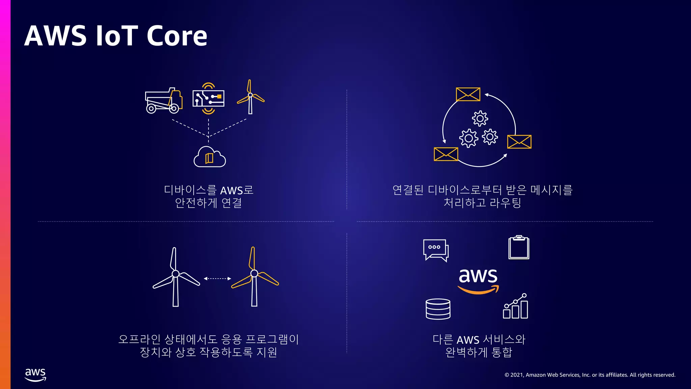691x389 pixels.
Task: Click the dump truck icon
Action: click(x=164, y=101)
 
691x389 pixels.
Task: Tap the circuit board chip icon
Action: click(x=209, y=98)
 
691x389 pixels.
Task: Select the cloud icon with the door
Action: click(x=210, y=157)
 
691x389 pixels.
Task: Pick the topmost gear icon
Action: click(x=480, y=119)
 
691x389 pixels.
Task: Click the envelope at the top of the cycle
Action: click(x=468, y=94)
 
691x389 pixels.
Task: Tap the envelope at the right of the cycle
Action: click(x=519, y=142)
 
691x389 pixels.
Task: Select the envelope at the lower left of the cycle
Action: click(x=446, y=154)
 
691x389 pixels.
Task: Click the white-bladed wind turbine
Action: click(x=175, y=277)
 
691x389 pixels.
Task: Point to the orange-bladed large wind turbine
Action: click(x=254, y=277)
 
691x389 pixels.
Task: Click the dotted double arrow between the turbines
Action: click(x=217, y=279)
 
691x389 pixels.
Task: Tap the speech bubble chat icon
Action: click(x=436, y=250)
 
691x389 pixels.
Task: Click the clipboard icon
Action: click(x=519, y=248)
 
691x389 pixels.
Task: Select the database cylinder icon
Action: click(x=438, y=309)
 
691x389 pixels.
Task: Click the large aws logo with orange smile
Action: click(x=478, y=280)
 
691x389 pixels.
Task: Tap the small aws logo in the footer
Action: click(x=35, y=374)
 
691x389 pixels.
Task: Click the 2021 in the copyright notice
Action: click(x=517, y=375)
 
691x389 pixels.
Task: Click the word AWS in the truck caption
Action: click(x=231, y=191)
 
